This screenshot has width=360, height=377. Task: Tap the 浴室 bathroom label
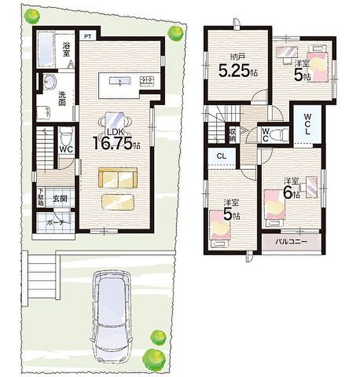pos(67,48)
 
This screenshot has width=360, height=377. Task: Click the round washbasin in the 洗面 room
pos(47,82)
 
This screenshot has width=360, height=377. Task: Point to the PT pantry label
pos(87,37)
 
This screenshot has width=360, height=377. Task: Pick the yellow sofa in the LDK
pos(117,177)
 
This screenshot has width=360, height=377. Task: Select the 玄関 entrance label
pos(60,198)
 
